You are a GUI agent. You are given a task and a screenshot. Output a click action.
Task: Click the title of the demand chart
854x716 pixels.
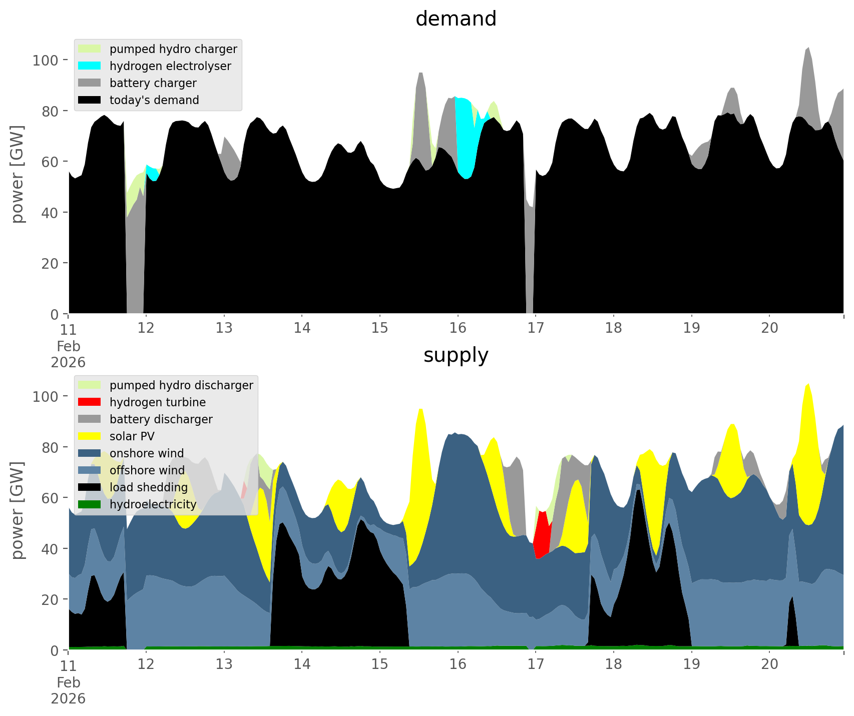456,19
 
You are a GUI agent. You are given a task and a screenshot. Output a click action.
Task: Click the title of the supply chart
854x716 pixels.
456,355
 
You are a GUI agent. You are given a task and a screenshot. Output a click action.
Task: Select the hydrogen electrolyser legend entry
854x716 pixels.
170,66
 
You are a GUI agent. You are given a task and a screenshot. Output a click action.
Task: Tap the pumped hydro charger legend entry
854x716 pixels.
173,49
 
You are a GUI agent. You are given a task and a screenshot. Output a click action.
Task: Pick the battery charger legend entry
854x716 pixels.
153,83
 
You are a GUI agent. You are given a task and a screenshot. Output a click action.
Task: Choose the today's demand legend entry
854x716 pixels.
154,100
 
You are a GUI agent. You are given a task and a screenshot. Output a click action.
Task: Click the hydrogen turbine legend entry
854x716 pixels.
157,402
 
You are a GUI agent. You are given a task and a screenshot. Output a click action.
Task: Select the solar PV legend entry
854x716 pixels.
132,436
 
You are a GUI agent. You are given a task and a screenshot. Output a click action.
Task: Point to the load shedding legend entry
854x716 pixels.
149,487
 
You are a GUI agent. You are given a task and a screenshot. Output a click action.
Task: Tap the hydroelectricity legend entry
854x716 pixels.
153,504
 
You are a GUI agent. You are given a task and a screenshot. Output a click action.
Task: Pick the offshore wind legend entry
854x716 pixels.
147,470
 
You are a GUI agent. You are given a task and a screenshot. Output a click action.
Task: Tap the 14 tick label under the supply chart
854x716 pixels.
302,664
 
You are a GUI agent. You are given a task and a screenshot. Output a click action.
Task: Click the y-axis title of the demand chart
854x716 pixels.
17,174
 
